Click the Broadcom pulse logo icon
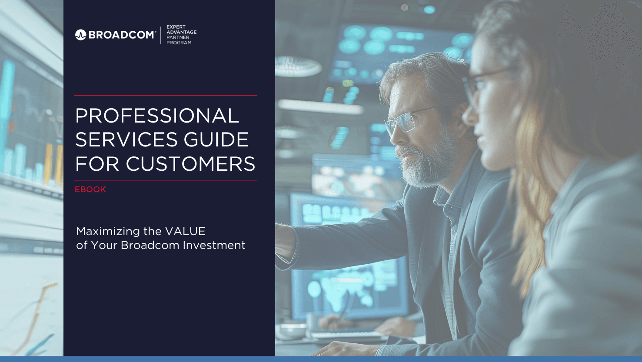pyautogui.click(x=80, y=35)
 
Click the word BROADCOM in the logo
pyautogui.click(x=122, y=35)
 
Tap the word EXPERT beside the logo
pyautogui.click(x=176, y=27)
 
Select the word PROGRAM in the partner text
pyautogui.click(x=179, y=43)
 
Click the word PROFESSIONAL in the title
pyautogui.click(x=157, y=116)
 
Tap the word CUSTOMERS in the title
pyautogui.click(x=190, y=164)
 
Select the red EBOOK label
pyautogui.click(x=90, y=189)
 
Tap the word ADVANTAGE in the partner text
pyautogui.click(x=182, y=32)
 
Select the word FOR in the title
pyautogui.click(x=97, y=164)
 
